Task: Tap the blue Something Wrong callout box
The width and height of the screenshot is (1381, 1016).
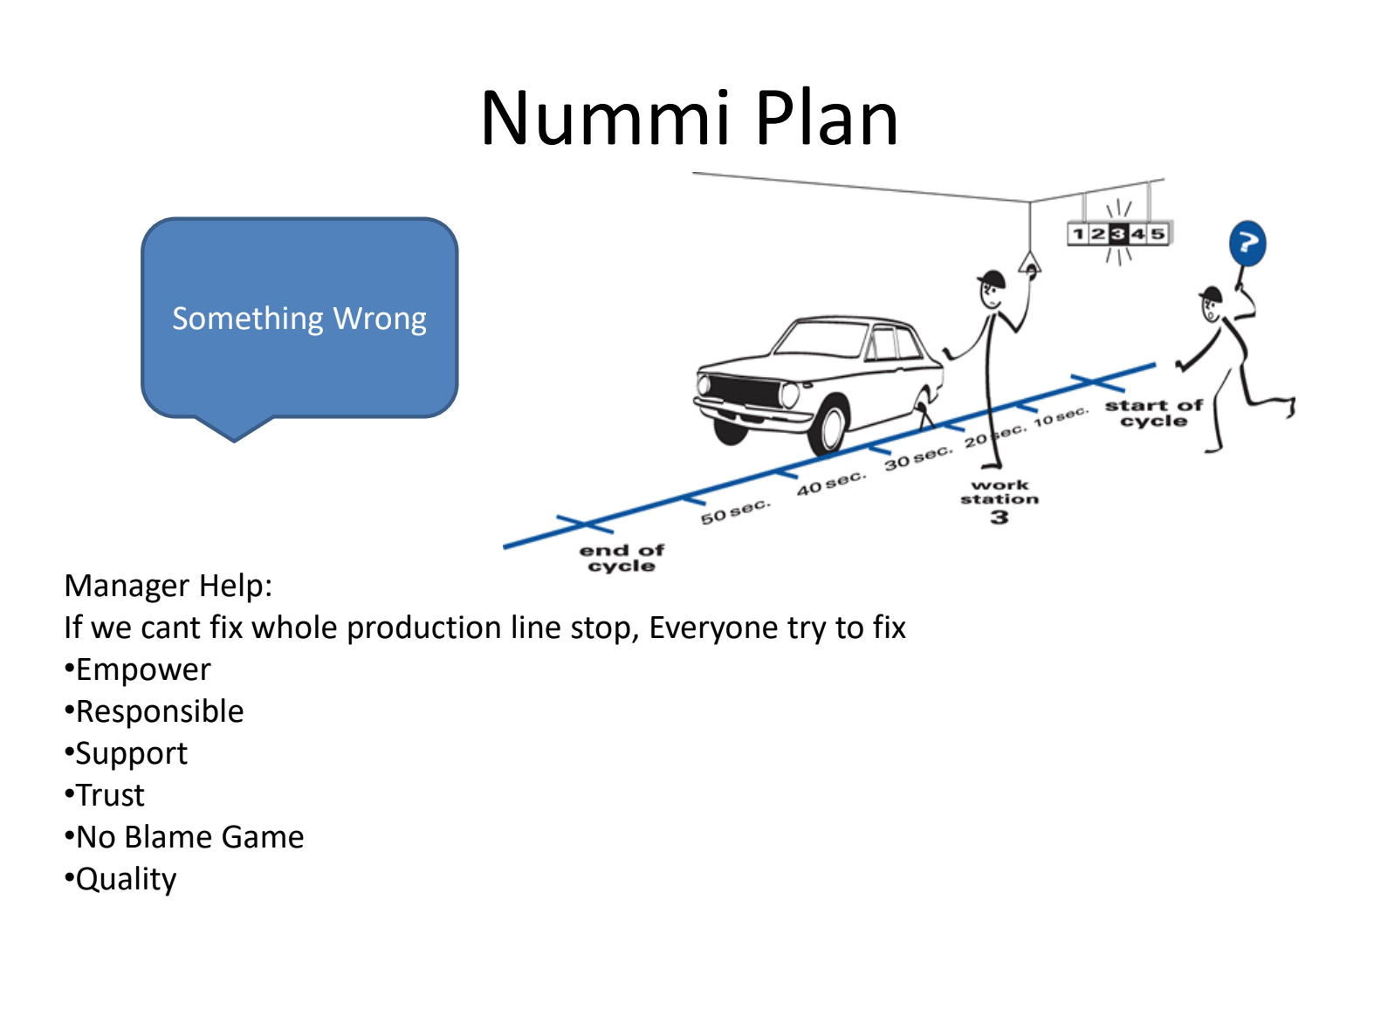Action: pyautogui.click(x=299, y=319)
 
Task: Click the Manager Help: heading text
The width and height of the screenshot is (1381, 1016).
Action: pyautogui.click(x=168, y=586)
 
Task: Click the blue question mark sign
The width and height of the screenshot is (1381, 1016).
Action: pyautogui.click(x=1247, y=244)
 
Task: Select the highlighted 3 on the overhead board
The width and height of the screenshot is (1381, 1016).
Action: pyautogui.click(x=1118, y=234)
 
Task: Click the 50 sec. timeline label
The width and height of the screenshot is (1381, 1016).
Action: pyautogui.click(x=735, y=512)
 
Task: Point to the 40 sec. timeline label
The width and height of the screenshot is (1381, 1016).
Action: pyautogui.click(x=830, y=484)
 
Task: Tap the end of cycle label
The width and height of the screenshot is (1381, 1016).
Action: pyautogui.click(x=622, y=558)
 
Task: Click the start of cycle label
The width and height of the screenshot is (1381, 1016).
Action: pyautogui.click(x=1153, y=413)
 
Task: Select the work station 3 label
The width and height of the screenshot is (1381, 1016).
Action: pyautogui.click(x=1000, y=501)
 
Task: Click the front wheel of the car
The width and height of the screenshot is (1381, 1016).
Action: pyautogui.click(x=827, y=427)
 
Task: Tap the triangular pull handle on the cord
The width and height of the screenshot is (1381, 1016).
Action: pyautogui.click(x=1030, y=263)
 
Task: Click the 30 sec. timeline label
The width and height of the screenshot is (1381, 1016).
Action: pyautogui.click(x=917, y=457)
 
